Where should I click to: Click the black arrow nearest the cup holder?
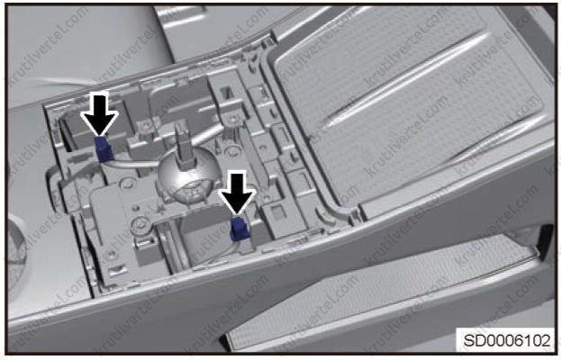point(99,114)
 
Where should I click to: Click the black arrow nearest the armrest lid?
point(238,193)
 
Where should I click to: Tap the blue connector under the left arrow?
point(103,149)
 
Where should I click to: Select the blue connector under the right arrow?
point(239,229)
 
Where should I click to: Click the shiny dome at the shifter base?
point(183,179)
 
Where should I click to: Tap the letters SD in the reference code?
point(472,340)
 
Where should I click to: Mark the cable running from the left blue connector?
point(132,163)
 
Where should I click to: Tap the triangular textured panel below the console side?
point(379,290)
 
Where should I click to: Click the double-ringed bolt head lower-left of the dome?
point(140,225)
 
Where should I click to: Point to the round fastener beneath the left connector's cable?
point(126,184)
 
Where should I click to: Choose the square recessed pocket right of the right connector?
point(278,212)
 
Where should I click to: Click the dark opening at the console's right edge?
point(544,242)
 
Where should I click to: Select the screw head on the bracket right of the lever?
point(232,118)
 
